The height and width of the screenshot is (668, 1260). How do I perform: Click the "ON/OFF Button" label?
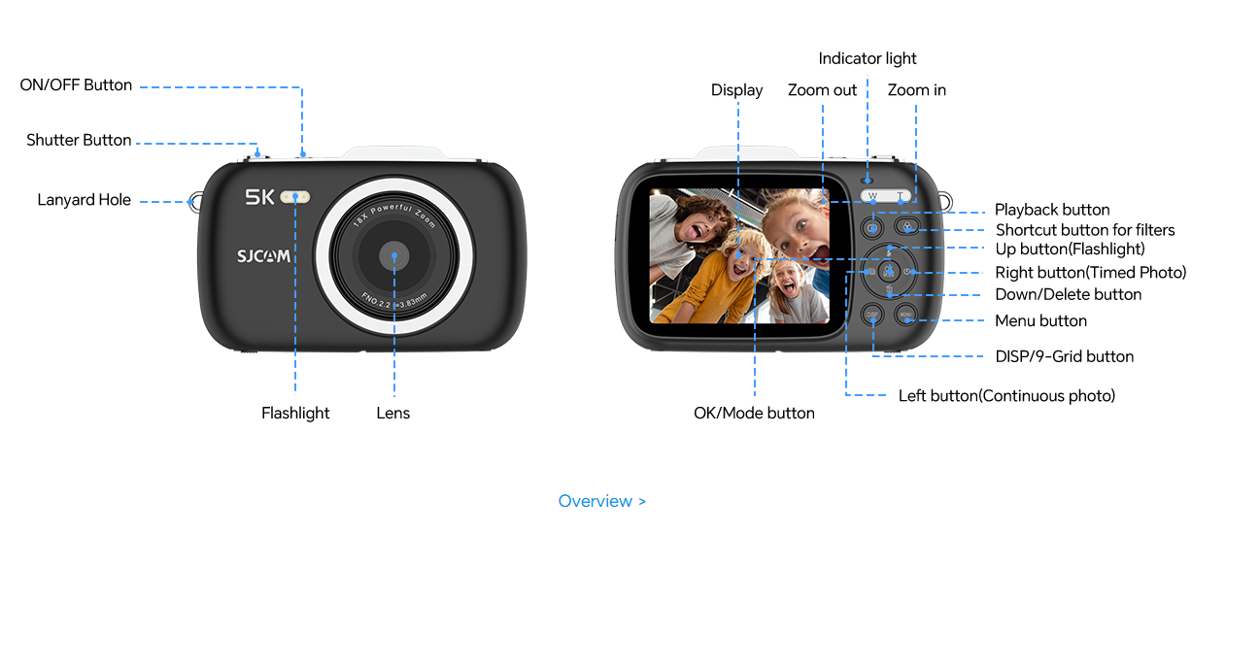76,84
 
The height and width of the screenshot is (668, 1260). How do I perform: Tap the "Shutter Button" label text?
79,140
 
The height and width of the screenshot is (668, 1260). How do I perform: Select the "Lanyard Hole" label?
84,200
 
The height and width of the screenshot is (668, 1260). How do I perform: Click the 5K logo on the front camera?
259,197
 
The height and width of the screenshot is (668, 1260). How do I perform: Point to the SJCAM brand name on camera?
263,256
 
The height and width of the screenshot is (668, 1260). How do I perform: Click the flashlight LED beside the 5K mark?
294,197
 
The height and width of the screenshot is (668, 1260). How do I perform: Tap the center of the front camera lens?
394,256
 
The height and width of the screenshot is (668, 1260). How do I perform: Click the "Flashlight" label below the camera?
295,414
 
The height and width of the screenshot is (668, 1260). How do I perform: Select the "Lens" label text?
393,414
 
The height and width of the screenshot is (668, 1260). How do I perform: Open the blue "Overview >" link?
601,501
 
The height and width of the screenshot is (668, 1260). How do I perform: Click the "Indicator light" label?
868,58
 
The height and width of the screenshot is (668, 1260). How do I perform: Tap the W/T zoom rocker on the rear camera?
885,196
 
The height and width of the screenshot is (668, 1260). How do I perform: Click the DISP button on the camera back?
871,315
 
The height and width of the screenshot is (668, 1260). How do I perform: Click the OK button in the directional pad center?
889,272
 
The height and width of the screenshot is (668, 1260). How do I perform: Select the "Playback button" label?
1052,210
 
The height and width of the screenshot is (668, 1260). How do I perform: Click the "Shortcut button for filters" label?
1085,230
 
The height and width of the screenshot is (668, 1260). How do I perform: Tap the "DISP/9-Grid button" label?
1065,356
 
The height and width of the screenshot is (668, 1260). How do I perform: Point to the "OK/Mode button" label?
754,414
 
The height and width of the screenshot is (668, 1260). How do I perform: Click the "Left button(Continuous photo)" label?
1006,396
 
